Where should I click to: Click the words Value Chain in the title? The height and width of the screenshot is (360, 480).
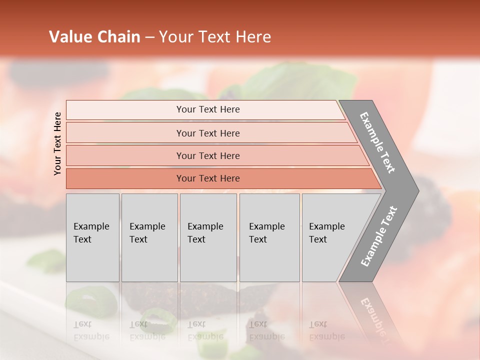coord(94,37)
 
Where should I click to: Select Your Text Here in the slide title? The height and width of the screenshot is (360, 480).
coord(215,37)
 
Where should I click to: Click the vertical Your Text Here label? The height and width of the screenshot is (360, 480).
coord(57,143)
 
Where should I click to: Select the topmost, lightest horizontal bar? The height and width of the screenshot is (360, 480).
coord(208,109)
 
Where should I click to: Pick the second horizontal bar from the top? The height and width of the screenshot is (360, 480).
coord(208,133)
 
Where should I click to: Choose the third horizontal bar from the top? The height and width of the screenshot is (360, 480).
coord(208,155)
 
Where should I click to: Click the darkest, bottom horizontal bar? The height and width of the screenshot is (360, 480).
coord(208,178)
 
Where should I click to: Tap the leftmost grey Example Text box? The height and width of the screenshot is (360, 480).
coord(92,237)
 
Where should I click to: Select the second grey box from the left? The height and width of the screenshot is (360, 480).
coord(149,237)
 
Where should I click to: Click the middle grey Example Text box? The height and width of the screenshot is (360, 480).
coord(208,237)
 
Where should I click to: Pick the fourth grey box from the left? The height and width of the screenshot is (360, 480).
coord(269,237)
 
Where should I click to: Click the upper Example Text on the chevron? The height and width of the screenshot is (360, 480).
coord(377,142)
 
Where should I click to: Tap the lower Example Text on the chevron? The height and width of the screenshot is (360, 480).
coord(379,236)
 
